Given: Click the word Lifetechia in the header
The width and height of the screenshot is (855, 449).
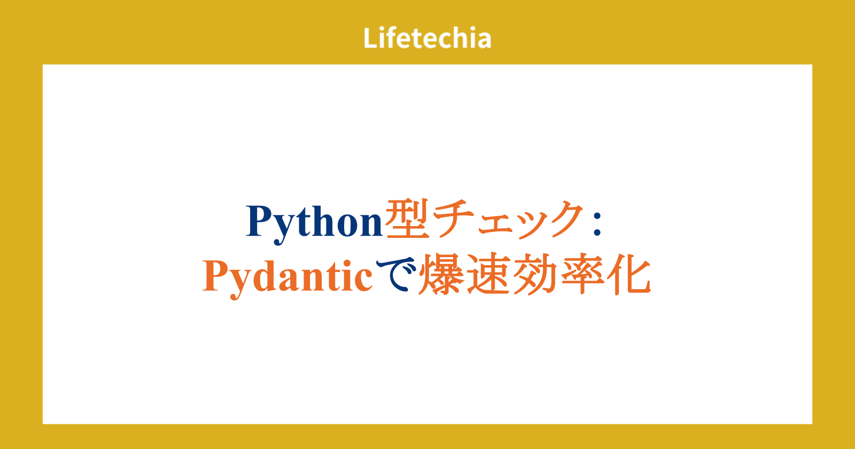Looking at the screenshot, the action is [427, 37].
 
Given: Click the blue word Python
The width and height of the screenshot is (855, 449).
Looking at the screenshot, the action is [314, 223].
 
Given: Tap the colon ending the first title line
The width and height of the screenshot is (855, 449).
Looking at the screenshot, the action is [597, 224].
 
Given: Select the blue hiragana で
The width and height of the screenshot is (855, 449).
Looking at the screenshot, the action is [396, 274].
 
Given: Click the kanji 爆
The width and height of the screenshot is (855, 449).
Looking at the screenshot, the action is [441, 274].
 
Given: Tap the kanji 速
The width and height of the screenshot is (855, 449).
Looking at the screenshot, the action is [489, 274].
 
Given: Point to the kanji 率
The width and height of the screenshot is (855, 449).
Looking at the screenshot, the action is [583, 274].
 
